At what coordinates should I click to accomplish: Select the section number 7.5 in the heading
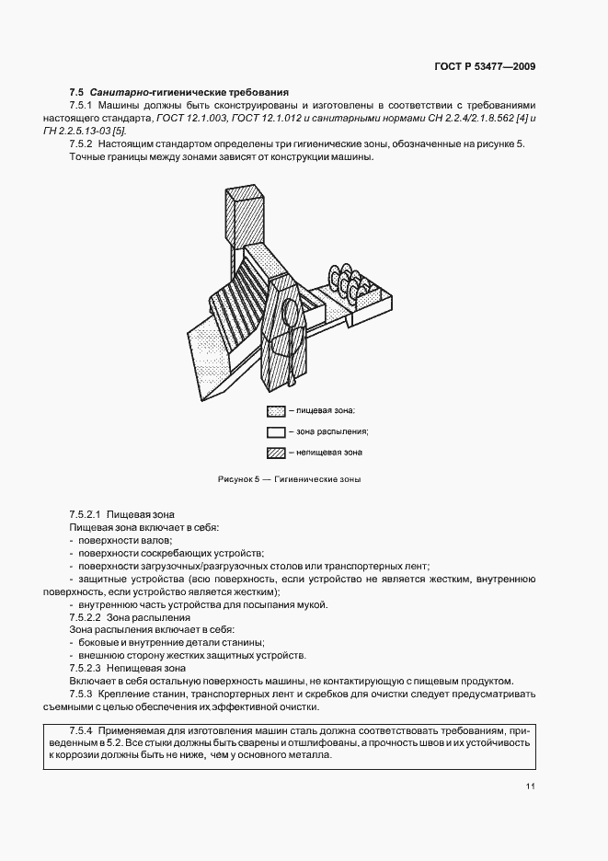pyautogui.click(x=76, y=92)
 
